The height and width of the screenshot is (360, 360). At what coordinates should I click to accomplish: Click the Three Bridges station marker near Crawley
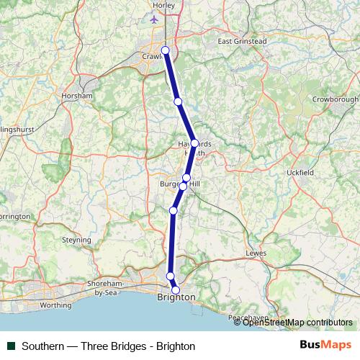(166, 50)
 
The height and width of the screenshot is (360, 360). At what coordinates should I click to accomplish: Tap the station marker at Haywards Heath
(194, 143)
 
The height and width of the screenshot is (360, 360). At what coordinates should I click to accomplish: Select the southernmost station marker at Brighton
(176, 290)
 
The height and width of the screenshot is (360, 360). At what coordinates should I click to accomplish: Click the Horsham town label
(78, 96)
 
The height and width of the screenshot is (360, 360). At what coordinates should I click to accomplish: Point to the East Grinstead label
(243, 42)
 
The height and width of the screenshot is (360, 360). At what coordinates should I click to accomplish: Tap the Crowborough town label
(335, 99)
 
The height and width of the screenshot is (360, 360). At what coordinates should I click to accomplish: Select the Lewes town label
(256, 253)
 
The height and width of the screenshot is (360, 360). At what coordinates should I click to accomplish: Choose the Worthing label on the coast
(55, 305)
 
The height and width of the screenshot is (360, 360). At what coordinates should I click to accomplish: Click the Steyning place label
(77, 240)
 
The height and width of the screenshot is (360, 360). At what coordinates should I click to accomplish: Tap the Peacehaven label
(248, 318)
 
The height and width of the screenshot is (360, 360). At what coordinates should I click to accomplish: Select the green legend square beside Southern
(9, 346)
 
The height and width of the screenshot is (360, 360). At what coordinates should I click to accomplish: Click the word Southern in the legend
(45, 346)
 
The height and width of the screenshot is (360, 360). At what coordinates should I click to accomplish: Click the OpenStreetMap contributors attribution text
(298, 323)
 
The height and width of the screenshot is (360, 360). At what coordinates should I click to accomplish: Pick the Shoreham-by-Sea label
(106, 288)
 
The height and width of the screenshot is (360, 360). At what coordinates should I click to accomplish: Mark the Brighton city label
(176, 297)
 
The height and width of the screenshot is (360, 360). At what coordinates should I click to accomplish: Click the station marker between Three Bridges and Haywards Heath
(178, 102)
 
